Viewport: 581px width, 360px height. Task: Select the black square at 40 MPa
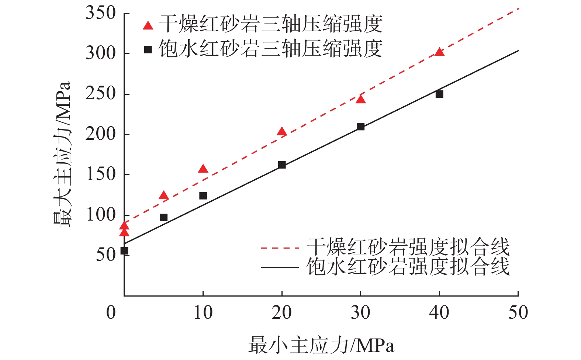(439, 94)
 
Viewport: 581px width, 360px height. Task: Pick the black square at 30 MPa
(360, 127)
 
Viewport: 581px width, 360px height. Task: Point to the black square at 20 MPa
(282, 165)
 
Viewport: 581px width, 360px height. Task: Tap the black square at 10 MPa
(203, 195)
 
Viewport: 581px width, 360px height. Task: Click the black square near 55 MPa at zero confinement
(124, 251)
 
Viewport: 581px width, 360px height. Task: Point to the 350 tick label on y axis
(101, 13)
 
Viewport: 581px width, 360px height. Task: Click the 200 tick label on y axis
(101, 134)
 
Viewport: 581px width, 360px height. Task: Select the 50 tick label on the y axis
(106, 255)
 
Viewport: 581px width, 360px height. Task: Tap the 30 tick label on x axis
(360, 313)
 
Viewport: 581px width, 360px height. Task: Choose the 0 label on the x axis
(111, 313)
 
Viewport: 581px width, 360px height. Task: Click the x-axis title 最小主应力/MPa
(321, 345)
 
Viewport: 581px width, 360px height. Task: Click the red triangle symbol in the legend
(148, 25)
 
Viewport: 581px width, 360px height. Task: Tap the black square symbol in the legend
(148, 49)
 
